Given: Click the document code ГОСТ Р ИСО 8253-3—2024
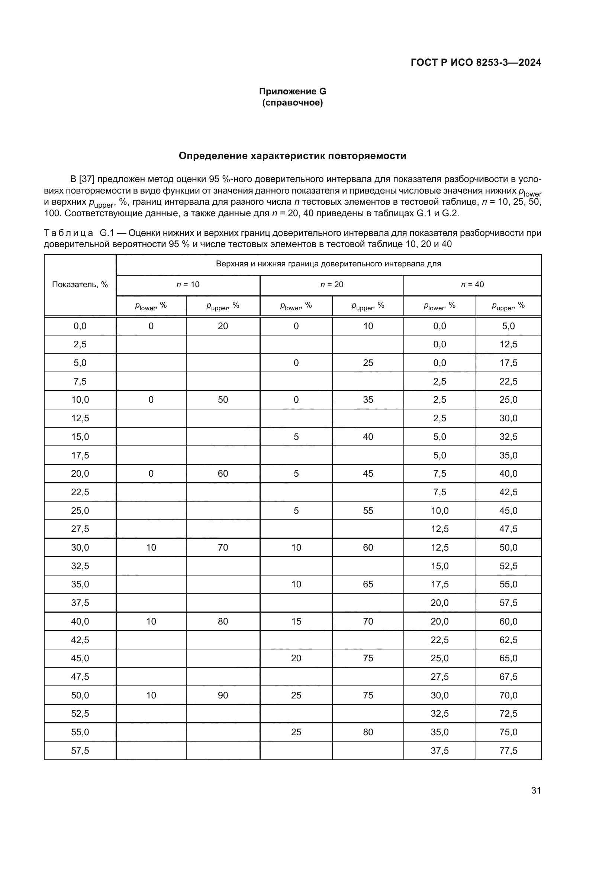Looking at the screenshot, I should [476, 62].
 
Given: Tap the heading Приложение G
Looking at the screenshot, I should [292, 91].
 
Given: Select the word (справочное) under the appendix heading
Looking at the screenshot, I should [292, 103].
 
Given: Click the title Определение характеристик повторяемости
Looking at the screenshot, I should [292, 156].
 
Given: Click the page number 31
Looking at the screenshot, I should [536, 790].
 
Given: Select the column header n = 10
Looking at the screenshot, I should [188, 285].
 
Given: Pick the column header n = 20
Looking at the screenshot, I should [332, 285].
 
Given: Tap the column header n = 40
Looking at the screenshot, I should [472, 285].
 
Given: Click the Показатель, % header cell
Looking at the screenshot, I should [80, 285].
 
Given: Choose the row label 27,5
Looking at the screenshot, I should [80, 529].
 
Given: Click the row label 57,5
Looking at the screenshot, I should [80, 750].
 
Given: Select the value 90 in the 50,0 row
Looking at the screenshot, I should [223, 695].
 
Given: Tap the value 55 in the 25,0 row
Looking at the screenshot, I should [368, 510].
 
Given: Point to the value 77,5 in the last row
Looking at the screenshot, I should [508, 750].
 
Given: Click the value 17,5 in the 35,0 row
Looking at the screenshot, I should [439, 584].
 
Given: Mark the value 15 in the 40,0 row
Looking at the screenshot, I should [296, 621].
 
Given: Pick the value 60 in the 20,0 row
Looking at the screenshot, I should [223, 473].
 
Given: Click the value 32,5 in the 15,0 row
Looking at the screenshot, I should [508, 437].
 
